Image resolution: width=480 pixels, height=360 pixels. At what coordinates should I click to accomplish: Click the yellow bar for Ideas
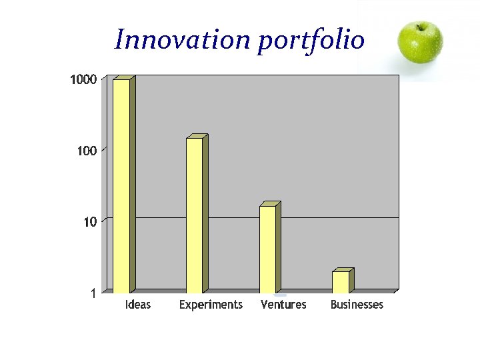pos(121,187)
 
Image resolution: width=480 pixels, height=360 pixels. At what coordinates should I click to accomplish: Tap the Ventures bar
pos(267,249)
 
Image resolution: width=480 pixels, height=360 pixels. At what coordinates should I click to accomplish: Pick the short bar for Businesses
pos(340,282)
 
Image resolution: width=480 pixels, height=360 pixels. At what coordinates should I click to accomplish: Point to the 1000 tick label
pos(83,80)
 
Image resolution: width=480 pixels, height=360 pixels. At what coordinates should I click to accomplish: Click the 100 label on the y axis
pos(87,151)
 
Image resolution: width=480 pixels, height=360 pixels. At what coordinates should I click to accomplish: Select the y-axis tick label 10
pos(90,222)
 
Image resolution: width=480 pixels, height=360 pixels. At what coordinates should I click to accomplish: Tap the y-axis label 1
pos(94,293)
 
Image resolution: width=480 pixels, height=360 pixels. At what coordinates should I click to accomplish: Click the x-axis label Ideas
pos(138,305)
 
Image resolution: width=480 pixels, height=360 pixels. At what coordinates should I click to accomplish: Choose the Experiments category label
pos(211,305)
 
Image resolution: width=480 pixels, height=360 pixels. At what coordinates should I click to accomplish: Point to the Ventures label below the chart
pos(283,305)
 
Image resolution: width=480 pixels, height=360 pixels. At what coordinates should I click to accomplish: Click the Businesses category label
pos(357,305)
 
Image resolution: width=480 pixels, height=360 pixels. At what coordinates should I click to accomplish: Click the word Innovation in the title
pos(181,40)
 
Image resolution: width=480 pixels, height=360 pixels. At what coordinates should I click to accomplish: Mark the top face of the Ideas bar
pos(124,77)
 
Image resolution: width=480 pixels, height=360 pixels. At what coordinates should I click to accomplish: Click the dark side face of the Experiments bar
pos(205,213)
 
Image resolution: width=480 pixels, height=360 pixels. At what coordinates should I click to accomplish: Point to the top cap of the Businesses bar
pos(343,269)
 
